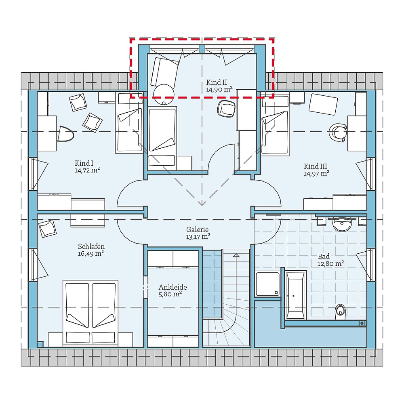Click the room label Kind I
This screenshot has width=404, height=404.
(x=84, y=163)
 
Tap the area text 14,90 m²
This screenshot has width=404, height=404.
(x=219, y=90)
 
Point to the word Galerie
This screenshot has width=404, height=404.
(x=198, y=229)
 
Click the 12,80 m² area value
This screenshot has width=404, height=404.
(x=330, y=263)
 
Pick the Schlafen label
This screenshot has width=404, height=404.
(x=91, y=246)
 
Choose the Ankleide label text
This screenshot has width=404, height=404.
(x=173, y=287)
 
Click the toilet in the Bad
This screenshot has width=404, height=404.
(x=341, y=310)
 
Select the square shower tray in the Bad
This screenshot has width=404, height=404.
(x=267, y=284)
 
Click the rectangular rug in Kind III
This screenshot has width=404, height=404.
(x=323, y=104)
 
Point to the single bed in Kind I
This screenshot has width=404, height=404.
(x=129, y=125)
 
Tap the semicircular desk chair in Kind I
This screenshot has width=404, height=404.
(x=65, y=134)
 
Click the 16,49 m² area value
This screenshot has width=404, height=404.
(x=91, y=254)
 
